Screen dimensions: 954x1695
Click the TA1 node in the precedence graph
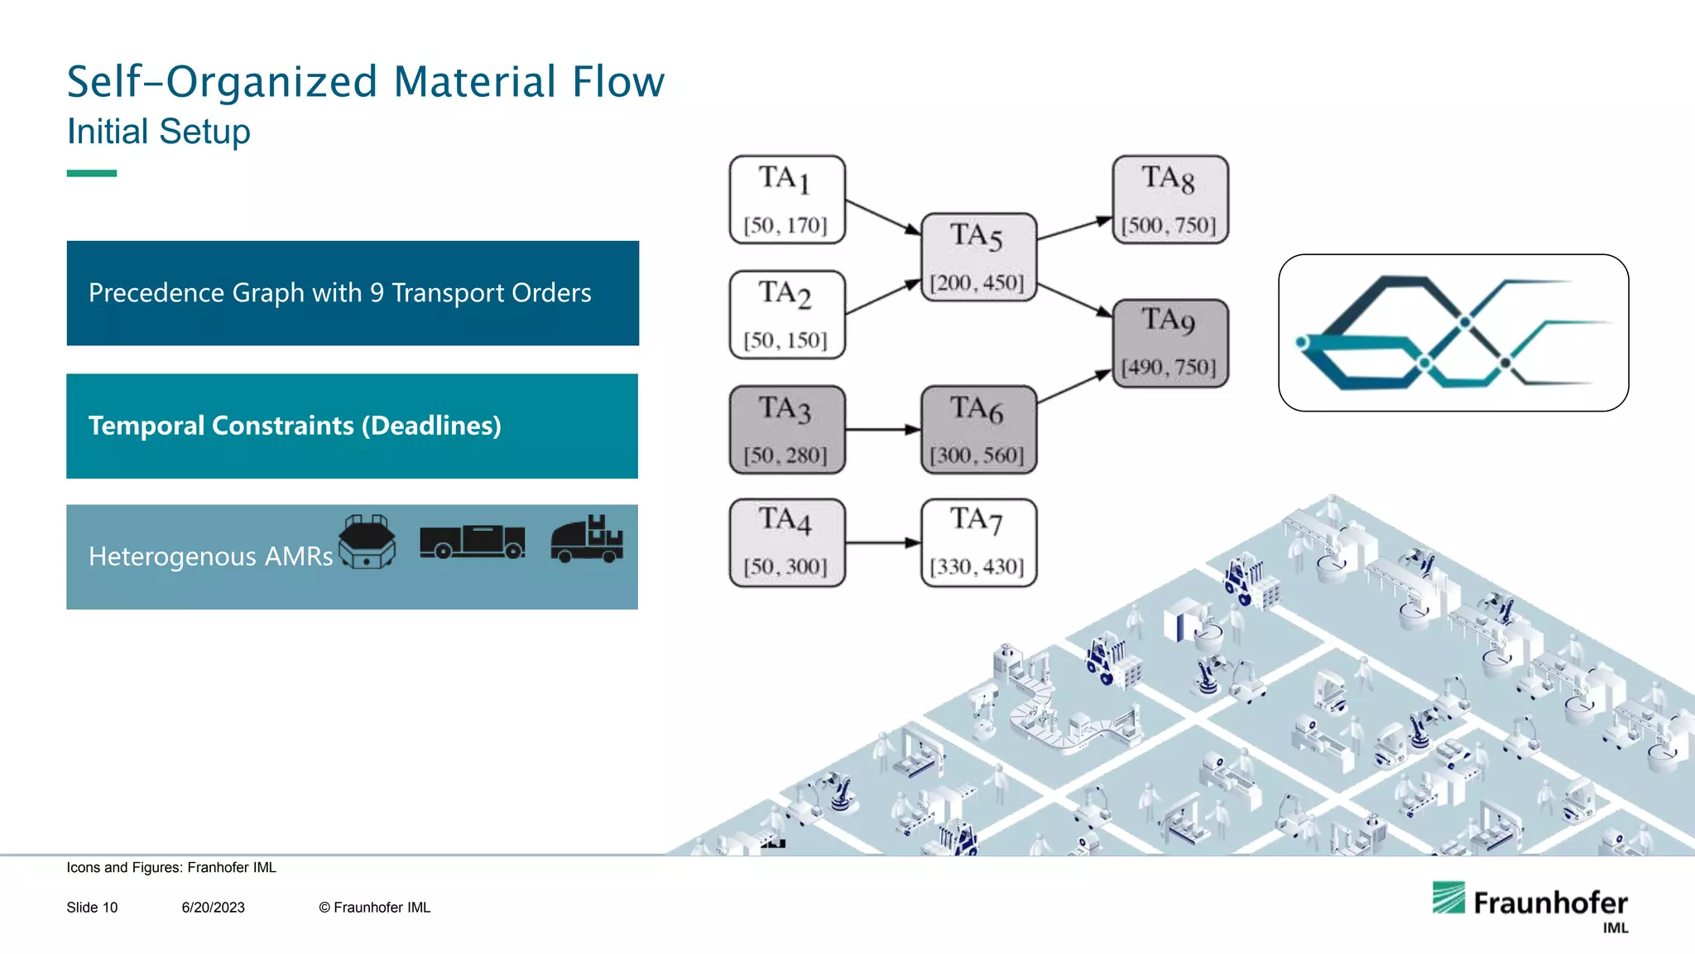coord(787,200)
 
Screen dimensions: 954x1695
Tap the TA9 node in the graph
coord(1169,343)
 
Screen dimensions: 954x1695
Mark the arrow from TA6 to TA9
coord(1073,387)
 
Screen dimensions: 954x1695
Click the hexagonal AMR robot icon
coord(367,542)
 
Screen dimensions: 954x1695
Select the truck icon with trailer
coord(472,542)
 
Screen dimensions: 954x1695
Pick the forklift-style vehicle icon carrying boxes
coord(587,540)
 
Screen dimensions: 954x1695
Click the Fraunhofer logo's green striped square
coord(1448,898)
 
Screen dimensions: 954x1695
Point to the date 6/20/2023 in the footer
coord(214,908)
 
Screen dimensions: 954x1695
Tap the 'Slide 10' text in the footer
coord(92,908)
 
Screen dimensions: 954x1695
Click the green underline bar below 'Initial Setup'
coord(92,173)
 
